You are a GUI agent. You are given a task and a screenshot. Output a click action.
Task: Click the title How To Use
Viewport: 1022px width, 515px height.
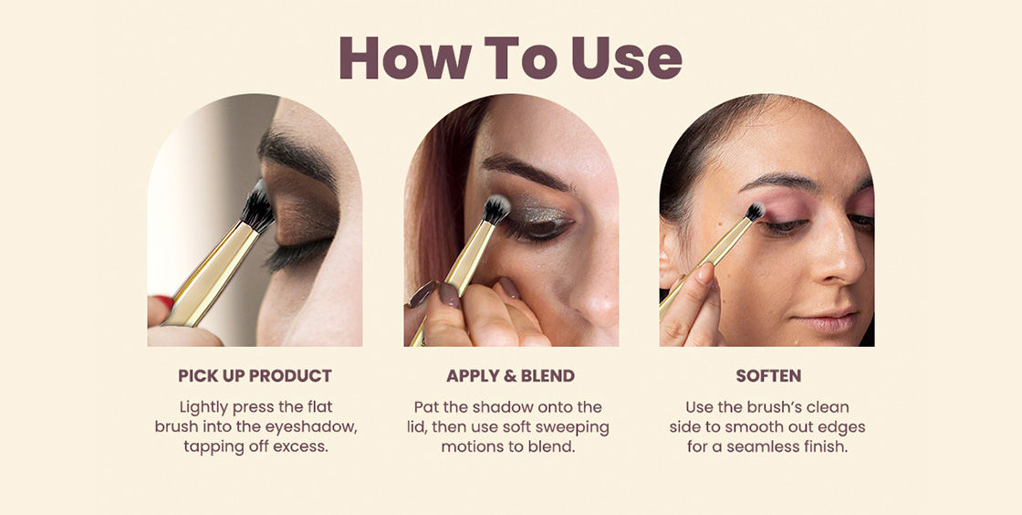(x=510, y=58)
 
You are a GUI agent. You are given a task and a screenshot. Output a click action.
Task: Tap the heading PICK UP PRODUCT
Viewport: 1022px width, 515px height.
(x=255, y=376)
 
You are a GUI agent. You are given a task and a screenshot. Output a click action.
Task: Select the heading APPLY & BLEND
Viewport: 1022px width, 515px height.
(x=510, y=376)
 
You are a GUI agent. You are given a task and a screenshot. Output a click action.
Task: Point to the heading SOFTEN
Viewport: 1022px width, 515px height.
(x=768, y=376)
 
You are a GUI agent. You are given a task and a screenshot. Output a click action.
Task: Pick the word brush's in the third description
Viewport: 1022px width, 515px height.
(x=769, y=407)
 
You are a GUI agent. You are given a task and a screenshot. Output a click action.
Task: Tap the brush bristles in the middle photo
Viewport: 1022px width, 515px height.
(x=497, y=210)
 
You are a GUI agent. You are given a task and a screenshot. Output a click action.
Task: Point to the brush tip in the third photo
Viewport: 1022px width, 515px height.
(x=756, y=211)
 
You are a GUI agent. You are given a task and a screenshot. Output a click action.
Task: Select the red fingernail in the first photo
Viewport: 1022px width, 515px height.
(x=163, y=302)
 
